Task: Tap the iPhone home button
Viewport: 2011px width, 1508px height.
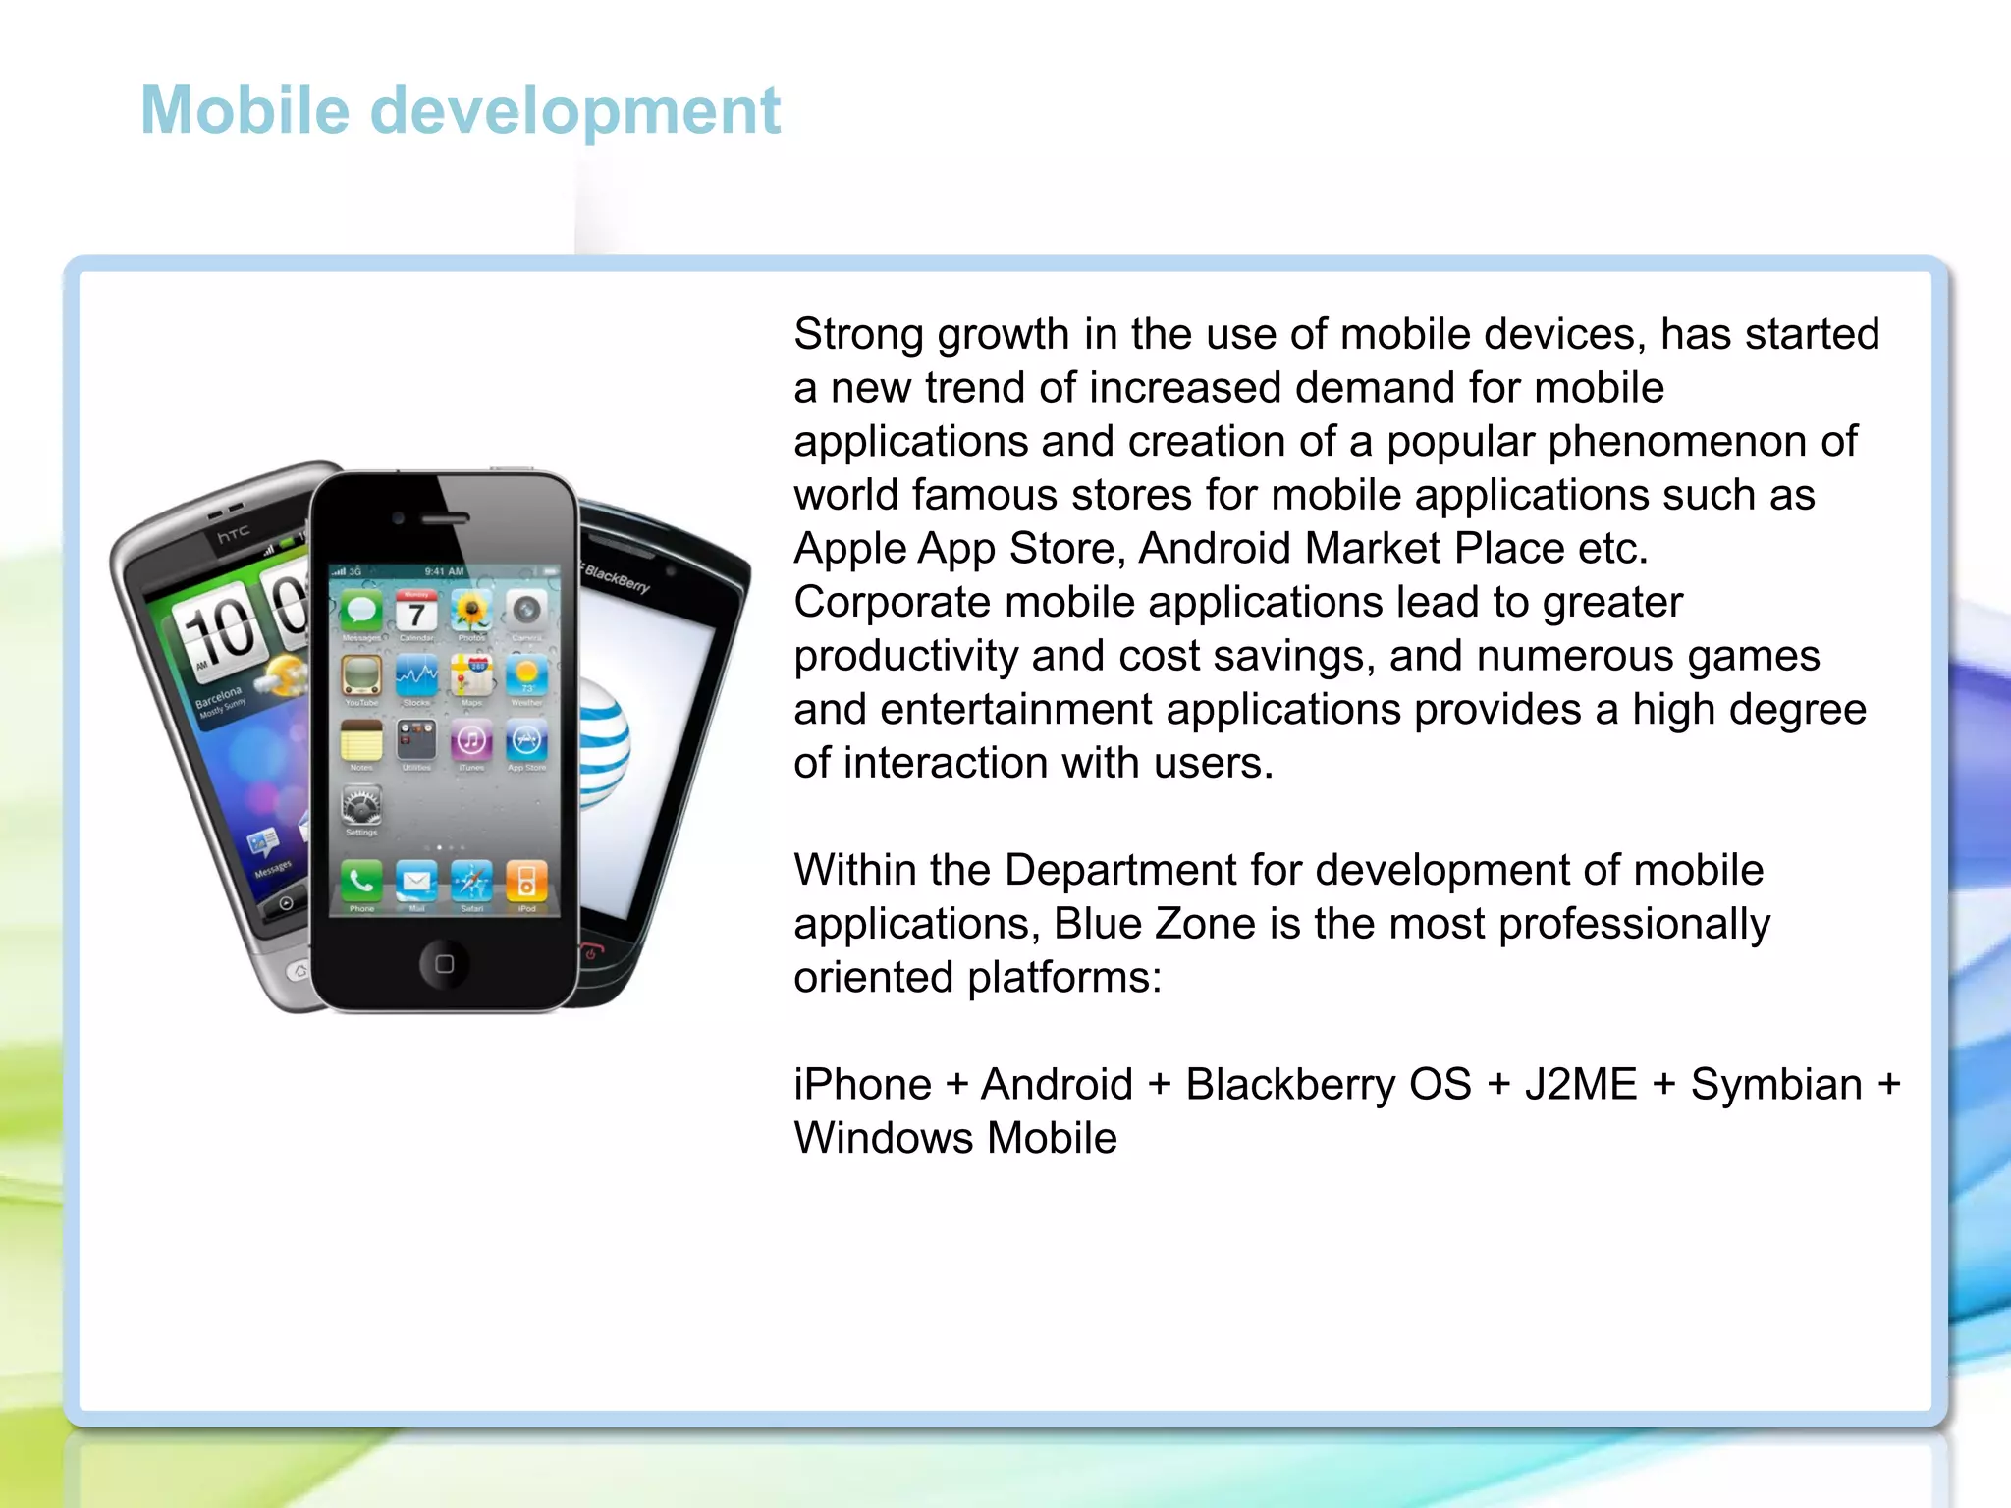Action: (x=444, y=963)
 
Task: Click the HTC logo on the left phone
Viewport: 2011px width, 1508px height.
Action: (x=234, y=534)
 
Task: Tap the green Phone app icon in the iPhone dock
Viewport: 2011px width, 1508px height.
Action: (x=361, y=881)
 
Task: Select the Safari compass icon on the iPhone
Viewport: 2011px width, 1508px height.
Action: (x=471, y=881)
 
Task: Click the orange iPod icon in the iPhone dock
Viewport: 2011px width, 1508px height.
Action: (x=526, y=881)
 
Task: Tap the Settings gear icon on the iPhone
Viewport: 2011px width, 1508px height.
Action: (x=361, y=805)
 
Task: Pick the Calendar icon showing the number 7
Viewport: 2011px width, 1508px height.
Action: (x=416, y=613)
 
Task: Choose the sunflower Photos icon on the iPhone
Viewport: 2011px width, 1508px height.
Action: (x=471, y=612)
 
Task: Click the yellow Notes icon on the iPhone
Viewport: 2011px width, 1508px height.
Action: (x=361, y=740)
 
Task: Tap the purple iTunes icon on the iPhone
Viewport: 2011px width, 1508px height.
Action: (x=471, y=740)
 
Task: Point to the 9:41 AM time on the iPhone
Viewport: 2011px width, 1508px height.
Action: (x=444, y=571)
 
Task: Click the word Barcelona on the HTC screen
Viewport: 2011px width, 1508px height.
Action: (x=218, y=697)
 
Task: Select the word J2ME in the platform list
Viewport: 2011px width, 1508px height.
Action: (x=1581, y=1085)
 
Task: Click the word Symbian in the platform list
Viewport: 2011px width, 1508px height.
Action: (x=1775, y=1085)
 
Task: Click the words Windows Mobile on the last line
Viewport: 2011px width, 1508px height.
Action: (x=955, y=1139)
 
